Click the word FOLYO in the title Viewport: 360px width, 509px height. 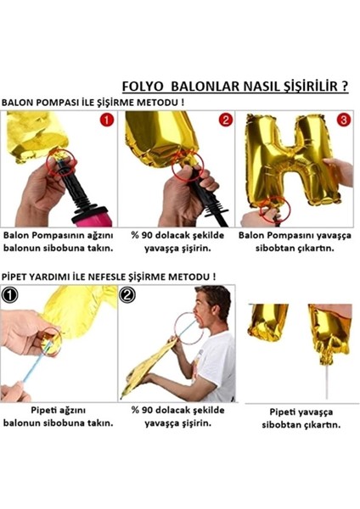(142, 87)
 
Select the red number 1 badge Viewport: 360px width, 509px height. (106, 120)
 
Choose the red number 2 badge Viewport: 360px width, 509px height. (225, 120)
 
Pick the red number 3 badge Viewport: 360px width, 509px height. (343, 120)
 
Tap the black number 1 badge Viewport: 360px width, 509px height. (9, 297)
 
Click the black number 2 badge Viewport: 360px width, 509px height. (128, 297)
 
